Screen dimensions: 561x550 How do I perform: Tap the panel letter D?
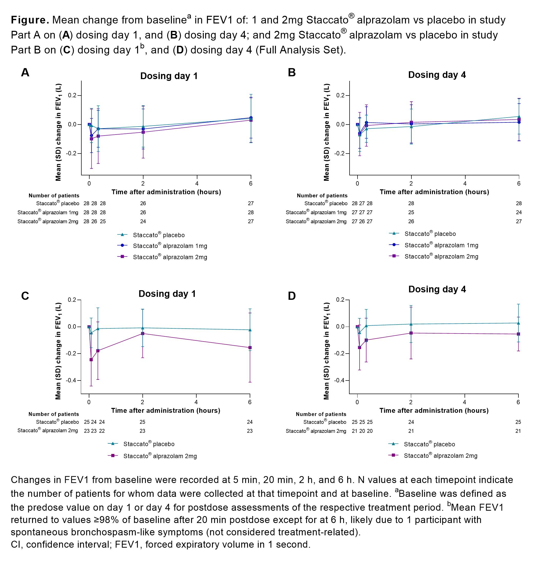pyautogui.click(x=292, y=296)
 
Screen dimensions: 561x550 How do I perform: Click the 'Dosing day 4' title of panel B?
pyautogui.click(x=437, y=75)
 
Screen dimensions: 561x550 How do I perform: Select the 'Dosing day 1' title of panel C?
pyautogui.click(x=167, y=294)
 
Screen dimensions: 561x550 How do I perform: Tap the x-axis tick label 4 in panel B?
pyautogui.click(x=465, y=184)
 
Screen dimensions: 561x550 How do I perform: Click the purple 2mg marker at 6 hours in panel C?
pyautogui.click(x=250, y=348)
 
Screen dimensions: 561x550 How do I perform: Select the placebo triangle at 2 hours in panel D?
pyautogui.click(x=411, y=324)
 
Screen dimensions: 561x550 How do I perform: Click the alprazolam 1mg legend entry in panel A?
pyautogui.click(x=170, y=246)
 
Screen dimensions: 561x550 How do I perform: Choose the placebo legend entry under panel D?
pyautogui.click(x=429, y=444)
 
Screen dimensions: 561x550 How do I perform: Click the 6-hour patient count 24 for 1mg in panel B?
pyautogui.click(x=519, y=212)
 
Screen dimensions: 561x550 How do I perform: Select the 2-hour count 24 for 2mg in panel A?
pyautogui.click(x=143, y=221)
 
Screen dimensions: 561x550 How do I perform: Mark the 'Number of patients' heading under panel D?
pyautogui.click(x=321, y=414)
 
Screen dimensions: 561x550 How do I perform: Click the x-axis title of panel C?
pyautogui.click(x=166, y=411)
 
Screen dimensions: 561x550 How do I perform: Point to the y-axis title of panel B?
pyautogui.click(x=326, y=132)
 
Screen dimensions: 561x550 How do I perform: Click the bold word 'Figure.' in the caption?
pyautogui.click(x=30, y=20)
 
